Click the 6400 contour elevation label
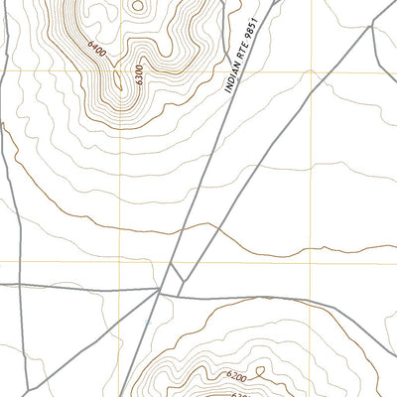96,46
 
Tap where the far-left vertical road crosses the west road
20,285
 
